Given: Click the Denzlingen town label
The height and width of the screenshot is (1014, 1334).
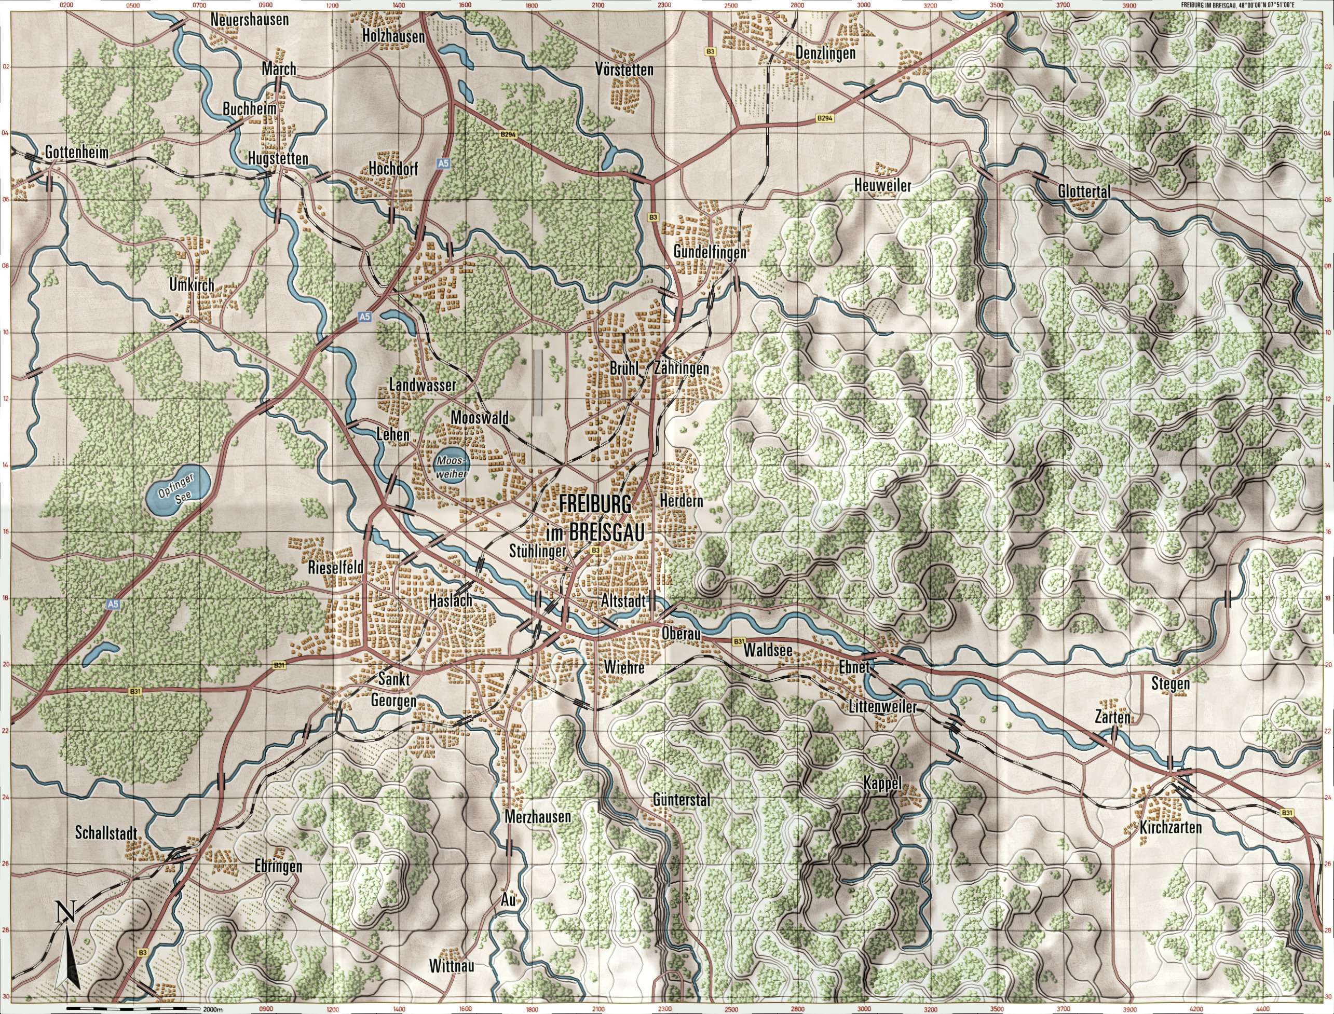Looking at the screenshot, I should tap(825, 53).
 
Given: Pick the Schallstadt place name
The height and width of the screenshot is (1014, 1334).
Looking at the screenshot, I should tap(107, 833).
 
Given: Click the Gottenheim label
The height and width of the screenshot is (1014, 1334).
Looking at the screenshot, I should tap(77, 153).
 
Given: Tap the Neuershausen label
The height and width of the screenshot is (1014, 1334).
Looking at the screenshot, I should tap(249, 20).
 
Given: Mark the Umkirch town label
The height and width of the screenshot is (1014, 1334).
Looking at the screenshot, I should tap(192, 286).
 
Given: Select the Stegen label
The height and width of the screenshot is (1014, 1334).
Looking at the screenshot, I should tap(1170, 684).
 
